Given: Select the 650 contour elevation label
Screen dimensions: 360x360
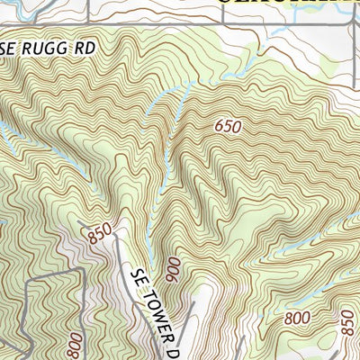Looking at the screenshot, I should (228, 127).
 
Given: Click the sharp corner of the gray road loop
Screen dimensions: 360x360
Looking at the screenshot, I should (27, 279).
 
